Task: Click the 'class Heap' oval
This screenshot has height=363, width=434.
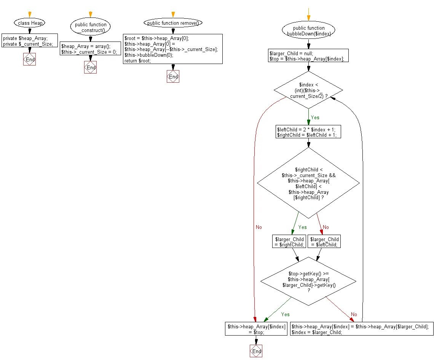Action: tap(30, 23)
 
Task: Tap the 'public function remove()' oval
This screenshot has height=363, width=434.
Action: tap(173, 23)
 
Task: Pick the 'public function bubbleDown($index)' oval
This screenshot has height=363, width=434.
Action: tap(308, 30)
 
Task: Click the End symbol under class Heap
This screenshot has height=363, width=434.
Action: tap(29, 59)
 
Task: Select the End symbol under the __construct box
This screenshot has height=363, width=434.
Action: tap(90, 67)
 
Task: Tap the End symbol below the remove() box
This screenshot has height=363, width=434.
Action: tap(173, 77)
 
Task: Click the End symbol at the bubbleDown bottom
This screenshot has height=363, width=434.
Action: tap(256, 351)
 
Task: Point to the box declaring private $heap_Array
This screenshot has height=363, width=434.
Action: tap(29, 41)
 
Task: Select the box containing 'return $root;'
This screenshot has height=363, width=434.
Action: tap(173, 49)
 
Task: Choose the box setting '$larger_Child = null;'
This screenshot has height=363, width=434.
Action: tap(308, 56)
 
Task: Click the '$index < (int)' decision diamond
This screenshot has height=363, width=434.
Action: tap(308, 90)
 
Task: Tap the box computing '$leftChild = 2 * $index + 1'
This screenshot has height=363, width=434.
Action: tap(308, 132)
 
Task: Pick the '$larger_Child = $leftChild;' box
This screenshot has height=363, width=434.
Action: tap(324, 241)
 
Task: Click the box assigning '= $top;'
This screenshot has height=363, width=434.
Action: tap(256, 329)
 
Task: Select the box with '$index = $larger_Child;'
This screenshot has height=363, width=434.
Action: tap(362, 329)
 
